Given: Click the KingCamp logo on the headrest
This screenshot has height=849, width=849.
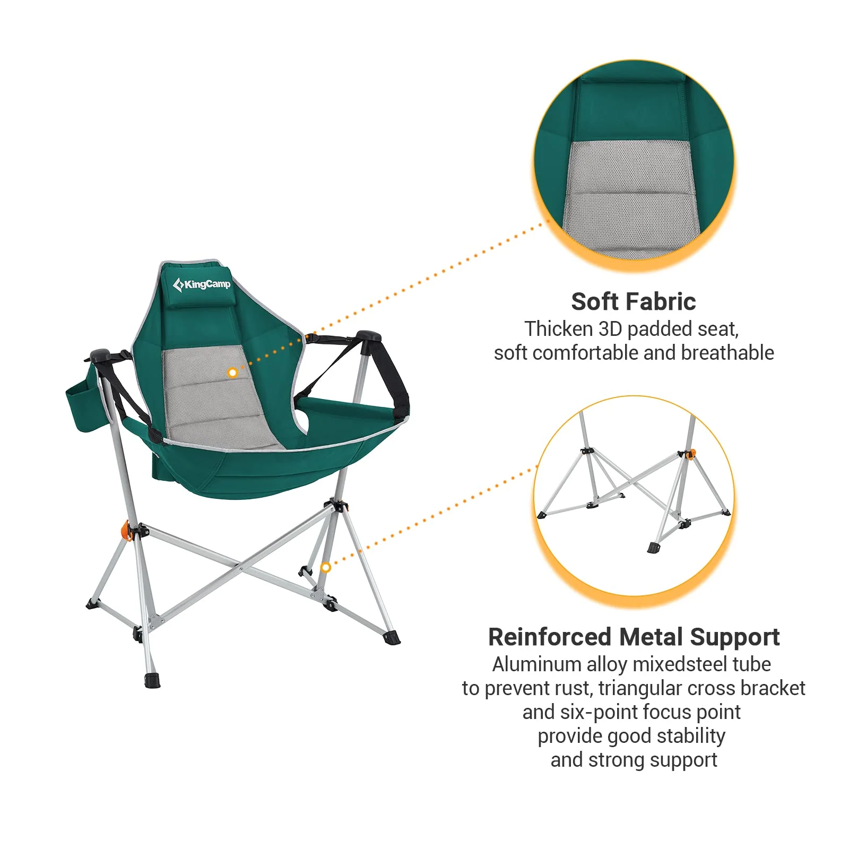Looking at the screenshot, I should click(x=202, y=284).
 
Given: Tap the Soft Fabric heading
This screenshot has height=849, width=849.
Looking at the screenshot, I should click(x=633, y=301).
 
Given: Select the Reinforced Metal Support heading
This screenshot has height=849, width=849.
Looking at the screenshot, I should click(x=634, y=637).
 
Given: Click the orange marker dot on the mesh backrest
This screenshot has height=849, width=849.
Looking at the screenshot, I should click(x=232, y=373).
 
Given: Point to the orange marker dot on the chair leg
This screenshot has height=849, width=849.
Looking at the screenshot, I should click(x=326, y=567).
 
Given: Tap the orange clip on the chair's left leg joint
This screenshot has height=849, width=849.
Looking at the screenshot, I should click(x=126, y=531).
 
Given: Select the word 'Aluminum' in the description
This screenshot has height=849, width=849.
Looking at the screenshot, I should click(x=536, y=664).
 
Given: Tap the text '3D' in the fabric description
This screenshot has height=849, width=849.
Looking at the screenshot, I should click(x=610, y=329).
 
